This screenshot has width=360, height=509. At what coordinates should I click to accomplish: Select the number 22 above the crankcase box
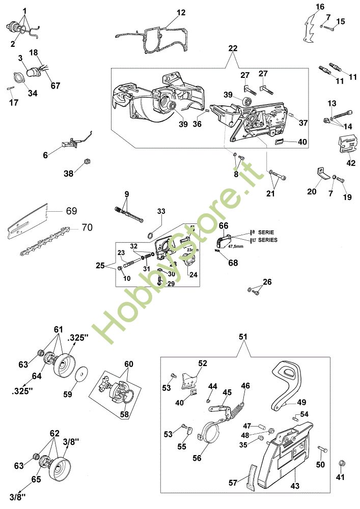tap(233, 48)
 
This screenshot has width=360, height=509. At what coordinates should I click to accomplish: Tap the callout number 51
tap(243, 336)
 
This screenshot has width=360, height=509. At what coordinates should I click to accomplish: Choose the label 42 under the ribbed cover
tap(351, 163)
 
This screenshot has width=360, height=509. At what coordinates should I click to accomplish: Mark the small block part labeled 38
tap(87, 162)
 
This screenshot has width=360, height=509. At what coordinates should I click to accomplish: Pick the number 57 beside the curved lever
tap(233, 482)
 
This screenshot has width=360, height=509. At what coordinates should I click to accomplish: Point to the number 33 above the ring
tap(161, 211)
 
